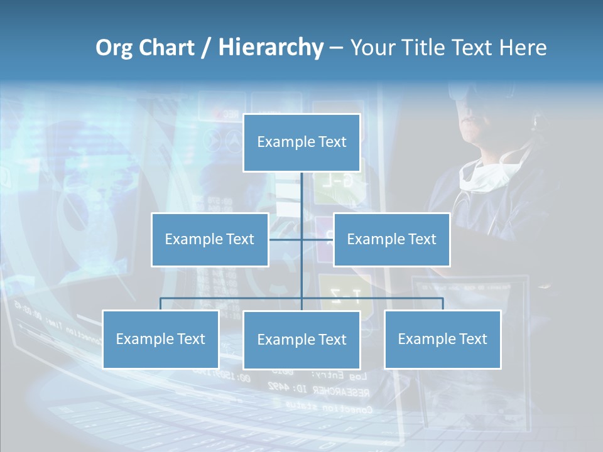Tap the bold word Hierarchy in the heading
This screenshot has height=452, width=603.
click(271, 48)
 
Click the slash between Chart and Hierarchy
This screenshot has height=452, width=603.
click(206, 48)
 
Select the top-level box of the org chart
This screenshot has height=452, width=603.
click(301, 143)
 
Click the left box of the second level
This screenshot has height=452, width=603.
click(210, 239)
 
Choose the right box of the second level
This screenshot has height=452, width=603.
click(391, 239)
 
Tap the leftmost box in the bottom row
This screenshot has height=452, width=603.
click(161, 339)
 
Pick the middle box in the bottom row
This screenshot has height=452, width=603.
click(301, 340)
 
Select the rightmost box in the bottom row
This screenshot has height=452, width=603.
click(442, 339)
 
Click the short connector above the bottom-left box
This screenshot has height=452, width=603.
click(161, 304)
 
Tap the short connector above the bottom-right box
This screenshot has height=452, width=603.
click(443, 304)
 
